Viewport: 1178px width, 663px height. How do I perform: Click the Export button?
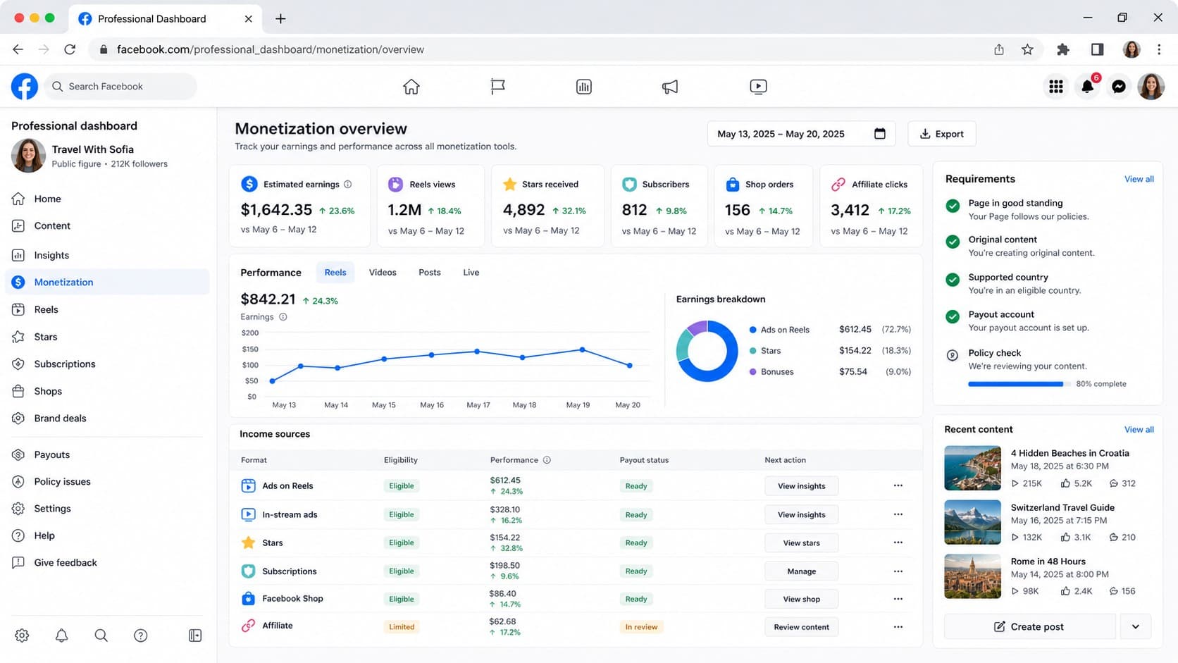click(941, 134)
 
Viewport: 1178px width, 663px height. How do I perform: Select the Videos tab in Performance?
click(383, 273)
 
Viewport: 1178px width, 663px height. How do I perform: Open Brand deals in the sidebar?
click(60, 418)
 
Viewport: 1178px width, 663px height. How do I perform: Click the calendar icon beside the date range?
click(880, 134)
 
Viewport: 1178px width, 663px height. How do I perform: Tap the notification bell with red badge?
click(1087, 86)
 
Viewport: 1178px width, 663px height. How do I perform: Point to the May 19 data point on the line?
click(582, 349)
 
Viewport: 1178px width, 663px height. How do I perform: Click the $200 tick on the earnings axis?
click(250, 333)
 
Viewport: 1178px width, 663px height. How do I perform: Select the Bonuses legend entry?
click(771, 372)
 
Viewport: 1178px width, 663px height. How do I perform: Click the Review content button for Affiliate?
click(801, 627)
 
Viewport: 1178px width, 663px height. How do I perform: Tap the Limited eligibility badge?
click(402, 627)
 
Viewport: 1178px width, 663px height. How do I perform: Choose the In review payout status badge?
click(641, 627)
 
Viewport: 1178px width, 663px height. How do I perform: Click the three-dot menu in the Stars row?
click(898, 543)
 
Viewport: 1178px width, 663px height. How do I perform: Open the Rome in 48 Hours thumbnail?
click(972, 576)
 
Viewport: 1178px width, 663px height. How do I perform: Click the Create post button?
click(1029, 627)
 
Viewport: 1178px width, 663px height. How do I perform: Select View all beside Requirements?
click(1139, 179)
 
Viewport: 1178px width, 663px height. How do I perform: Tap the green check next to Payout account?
click(953, 316)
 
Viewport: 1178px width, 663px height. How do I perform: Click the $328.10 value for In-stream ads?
click(505, 509)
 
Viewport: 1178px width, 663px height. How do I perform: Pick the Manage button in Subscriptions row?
click(801, 571)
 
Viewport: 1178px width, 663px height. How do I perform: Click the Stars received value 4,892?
click(523, 210)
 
